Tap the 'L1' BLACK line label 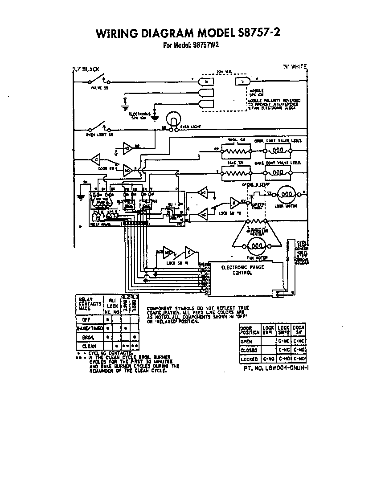(x=86, y=69)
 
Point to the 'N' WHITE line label (x=294, y=67)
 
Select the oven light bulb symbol (x=172, y=119)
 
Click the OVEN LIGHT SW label (x=97, y=134)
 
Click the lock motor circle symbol (x=285, y=194)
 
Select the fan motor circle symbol (x=255, y=244)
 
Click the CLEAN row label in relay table (x=89, y=346)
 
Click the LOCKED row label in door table (x=250, y=359)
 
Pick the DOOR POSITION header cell (x=250, y=330)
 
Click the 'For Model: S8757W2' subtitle (x=192, y=45)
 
